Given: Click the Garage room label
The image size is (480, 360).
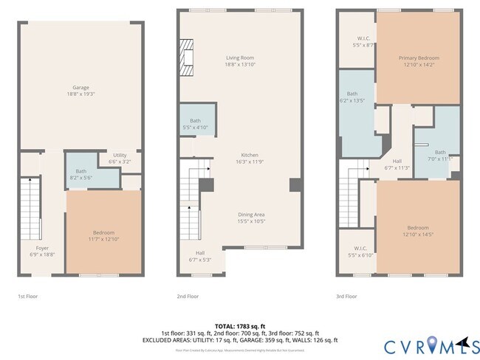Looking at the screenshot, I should click(80, 91).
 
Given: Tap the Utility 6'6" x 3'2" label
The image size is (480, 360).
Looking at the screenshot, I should click(120, 158).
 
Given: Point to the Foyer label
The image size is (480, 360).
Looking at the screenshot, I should click(42, 251).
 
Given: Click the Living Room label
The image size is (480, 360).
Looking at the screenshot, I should click(240, 61).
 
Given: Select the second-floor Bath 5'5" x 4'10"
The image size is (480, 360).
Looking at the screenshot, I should click(195, 123).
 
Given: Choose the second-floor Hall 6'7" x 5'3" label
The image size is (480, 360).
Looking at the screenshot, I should click(200, 256).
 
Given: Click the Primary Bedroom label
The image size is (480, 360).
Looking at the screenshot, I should click(419, 61).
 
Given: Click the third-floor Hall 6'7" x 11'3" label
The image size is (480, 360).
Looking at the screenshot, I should click(397, 164).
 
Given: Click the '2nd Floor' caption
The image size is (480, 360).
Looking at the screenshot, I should click(188, 296).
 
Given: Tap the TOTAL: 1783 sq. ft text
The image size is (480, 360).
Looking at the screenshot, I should click(241, 325).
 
